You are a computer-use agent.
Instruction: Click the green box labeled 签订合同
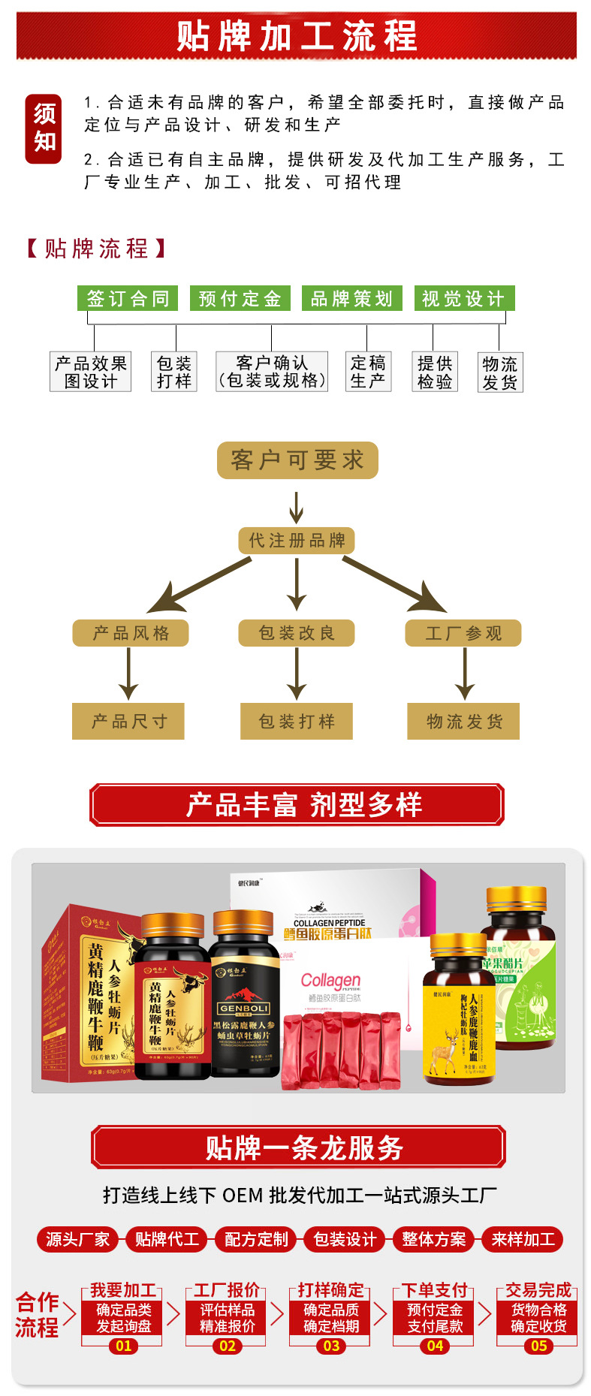click(128, 298)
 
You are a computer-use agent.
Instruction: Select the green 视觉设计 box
click(464, 298)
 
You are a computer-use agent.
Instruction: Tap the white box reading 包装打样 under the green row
click(174, 372)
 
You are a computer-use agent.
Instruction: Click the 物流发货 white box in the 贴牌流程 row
click(499, 372)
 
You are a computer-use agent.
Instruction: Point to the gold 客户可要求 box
click(297, 460)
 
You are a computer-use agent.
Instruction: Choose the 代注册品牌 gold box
click(297, 540)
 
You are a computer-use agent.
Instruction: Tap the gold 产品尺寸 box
click(128, 722)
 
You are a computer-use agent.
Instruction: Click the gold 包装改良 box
click(297, 633)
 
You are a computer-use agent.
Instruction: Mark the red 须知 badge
click(44, 128)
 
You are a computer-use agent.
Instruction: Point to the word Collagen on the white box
click(330, 981)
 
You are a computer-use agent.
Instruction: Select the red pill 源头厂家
click(78, 1239)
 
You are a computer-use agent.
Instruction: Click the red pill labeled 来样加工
click(523, 1239)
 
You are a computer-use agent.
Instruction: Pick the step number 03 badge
click(331, 1346)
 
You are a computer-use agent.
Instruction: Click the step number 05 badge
click(538, 1346)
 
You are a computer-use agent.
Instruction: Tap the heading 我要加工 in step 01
click(123, 1290)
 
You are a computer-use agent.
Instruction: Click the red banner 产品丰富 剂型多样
click(297, 805)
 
